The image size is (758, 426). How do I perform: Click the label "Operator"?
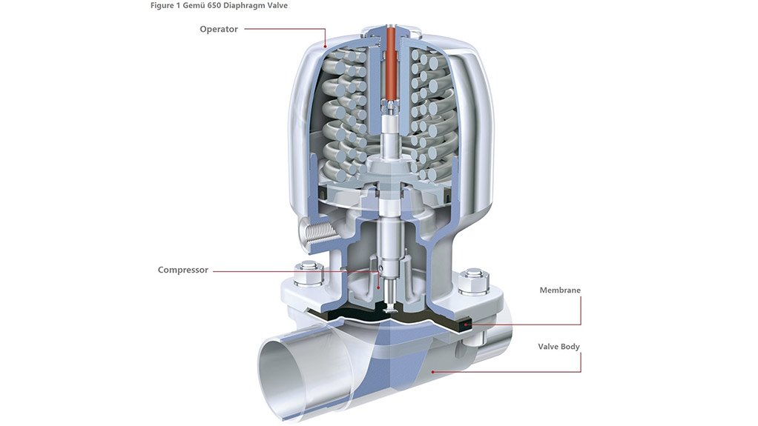[x=218, y=30]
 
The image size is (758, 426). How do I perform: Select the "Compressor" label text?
[x=183, y=270]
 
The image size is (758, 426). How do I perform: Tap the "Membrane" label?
[x=560, y=290]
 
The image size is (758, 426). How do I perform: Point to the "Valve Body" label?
[x=559, y=346]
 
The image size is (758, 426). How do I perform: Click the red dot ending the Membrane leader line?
[x=466, y=324]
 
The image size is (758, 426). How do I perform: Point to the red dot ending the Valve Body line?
[x=432, y=371]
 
